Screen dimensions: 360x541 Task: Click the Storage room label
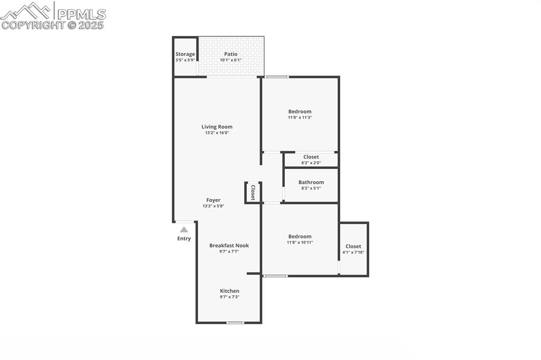185,54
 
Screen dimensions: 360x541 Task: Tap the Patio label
230,54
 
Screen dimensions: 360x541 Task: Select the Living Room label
217,127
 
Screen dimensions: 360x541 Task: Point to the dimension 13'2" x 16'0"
217,133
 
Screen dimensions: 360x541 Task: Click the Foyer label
213,200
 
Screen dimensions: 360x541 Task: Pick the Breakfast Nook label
229,245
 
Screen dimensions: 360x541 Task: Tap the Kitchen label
229,291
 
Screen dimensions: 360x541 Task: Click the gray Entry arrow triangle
184,230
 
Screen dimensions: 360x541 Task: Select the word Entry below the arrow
184,239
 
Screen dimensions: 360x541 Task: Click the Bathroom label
311,182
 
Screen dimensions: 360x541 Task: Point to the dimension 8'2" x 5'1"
311,188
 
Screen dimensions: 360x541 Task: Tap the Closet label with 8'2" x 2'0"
311,157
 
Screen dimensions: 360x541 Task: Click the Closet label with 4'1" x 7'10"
353,247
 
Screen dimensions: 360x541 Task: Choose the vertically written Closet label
253,192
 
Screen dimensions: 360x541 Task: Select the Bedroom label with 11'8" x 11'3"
300,111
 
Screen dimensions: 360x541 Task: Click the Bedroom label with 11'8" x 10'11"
300,236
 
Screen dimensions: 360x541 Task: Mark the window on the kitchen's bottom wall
235,323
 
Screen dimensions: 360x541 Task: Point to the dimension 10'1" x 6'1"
230,60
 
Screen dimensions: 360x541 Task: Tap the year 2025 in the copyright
92,25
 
